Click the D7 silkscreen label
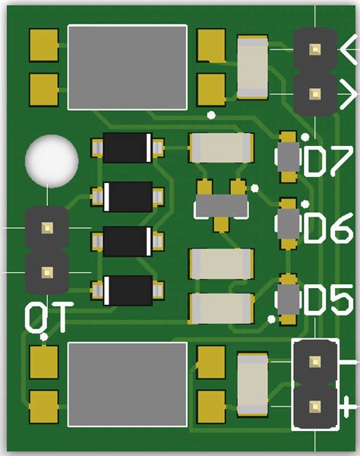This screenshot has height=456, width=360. [x=329, y=161]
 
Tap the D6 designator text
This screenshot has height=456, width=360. [x=329, y=228]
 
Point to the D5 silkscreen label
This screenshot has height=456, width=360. [x=329, y=301]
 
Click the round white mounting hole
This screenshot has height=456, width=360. [x=51, y=160]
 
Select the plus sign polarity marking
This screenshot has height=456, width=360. [x=349, y=403]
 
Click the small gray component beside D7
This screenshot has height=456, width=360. [x=289, y=157]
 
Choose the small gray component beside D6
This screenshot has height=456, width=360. [x=289, y=223]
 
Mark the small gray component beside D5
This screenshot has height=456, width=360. [x=289, y=297]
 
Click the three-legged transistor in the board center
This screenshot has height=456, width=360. [x=221, y=204]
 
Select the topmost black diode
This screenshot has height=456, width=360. [x=128, y=147]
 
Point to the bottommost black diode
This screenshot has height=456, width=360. [x=128, y=290]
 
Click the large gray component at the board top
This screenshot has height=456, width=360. [x=127, y=66]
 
